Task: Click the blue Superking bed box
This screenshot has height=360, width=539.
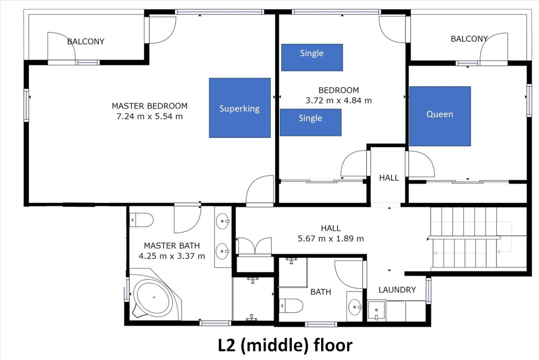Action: click(x=240, y=108)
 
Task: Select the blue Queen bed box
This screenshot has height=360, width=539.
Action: click(x=440, y=116)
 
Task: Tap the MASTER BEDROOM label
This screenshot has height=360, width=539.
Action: click(x=150, y=106)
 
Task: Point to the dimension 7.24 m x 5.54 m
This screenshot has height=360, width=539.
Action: click(x=150, y=116)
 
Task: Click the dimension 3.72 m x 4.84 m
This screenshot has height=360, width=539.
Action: click(x=338, y=100)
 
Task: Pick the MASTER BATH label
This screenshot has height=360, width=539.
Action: click(x=172, y=246)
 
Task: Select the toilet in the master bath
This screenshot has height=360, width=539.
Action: click(x=141, y=220)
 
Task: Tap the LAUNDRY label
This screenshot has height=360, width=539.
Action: click(x=397, y=290)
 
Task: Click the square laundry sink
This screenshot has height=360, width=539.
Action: click(x=377, y=311)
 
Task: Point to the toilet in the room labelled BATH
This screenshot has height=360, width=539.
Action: click(x=291, y=306)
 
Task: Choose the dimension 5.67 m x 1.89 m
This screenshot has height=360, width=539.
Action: click(x=331, y=239)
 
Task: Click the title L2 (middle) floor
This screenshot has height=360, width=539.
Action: click(x=285, y=346)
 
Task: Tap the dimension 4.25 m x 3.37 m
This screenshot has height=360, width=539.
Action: click(x=172, y=256)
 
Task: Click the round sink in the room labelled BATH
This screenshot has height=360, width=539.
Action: click(x=355, y=307)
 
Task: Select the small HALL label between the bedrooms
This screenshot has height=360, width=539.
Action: click(x=389, y=178)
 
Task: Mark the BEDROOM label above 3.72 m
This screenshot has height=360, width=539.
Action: click(x=339, y=90)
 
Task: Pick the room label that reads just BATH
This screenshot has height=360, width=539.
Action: click(x=321, y=292)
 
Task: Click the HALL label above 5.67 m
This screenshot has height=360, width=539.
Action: click(x=331, y=228)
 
